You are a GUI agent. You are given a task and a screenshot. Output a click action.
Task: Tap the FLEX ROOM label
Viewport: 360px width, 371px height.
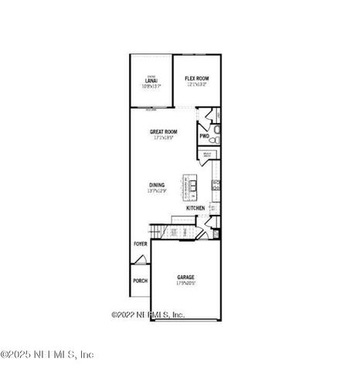[196, 78]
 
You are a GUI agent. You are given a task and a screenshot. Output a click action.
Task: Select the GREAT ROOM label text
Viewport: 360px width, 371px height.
[164, 132]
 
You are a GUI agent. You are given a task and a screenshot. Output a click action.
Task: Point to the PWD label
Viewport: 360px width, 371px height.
[205, 137]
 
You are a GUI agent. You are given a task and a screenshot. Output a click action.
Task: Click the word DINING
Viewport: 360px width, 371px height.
[157, 185]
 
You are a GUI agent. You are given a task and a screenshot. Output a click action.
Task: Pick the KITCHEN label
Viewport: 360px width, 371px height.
[195, 208]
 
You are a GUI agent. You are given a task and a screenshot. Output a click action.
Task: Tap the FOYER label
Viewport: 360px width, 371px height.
[140, 244]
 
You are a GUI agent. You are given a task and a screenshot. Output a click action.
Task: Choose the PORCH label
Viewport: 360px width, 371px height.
[140, 281]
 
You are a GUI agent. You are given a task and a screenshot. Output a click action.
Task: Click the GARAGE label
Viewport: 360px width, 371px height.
[185, 277]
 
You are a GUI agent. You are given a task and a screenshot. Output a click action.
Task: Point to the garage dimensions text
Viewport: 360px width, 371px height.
[185, 283]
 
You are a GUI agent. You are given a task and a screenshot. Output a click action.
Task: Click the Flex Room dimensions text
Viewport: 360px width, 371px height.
[196, 84]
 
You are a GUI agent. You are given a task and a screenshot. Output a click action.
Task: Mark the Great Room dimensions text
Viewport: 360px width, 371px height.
[164, 138]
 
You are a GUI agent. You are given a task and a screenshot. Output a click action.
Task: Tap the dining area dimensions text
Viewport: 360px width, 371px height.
[157, 191]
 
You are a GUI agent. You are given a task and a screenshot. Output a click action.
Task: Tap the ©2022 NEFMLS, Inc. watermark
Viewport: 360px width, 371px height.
[148, 315]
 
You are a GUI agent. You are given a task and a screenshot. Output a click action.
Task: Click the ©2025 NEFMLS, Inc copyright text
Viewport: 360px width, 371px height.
[48, 354]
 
